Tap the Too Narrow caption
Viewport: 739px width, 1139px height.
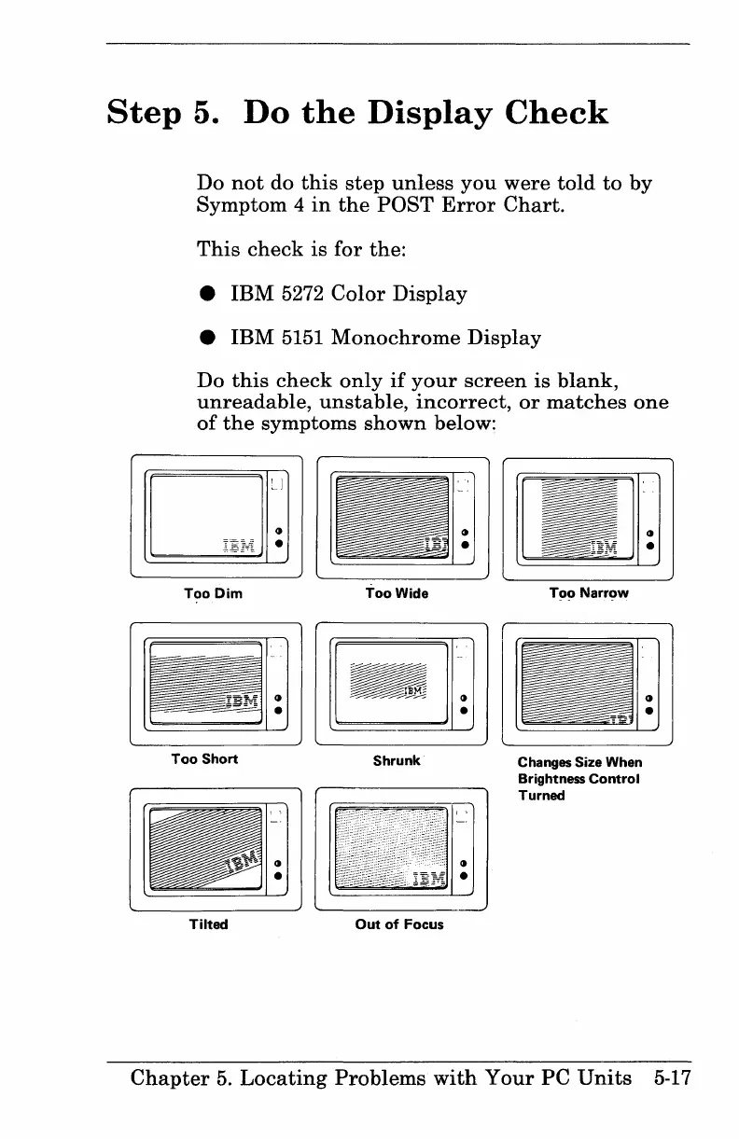[588, 593]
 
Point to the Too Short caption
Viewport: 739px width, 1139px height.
[204, 758]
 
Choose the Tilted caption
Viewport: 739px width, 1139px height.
[208, 924]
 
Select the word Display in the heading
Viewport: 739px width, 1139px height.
[421, 114]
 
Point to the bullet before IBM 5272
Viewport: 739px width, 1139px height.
[204, 296]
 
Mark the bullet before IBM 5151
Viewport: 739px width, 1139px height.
[204, 338]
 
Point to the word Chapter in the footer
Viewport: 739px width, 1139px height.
[169, 1079]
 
